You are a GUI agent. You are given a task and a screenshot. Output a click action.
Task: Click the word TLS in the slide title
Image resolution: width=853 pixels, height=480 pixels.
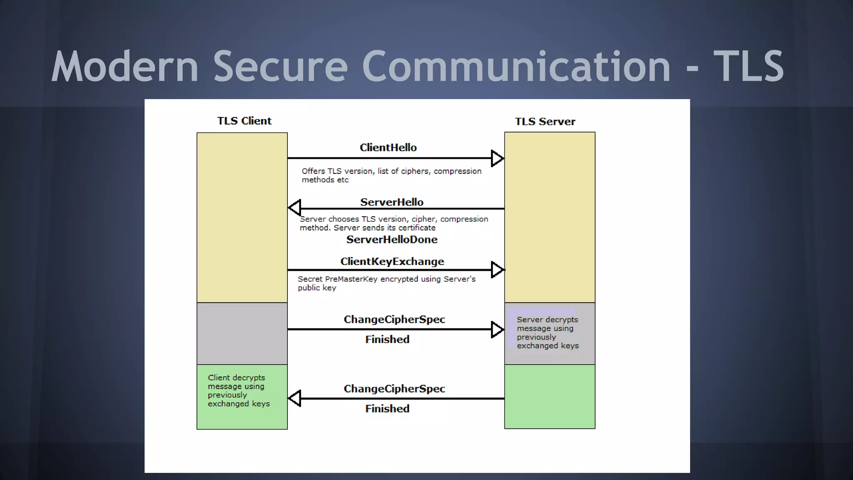748,67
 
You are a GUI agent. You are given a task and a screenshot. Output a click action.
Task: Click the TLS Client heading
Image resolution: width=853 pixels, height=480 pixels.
244,121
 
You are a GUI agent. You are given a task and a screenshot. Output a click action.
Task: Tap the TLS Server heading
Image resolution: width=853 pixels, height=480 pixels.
545,122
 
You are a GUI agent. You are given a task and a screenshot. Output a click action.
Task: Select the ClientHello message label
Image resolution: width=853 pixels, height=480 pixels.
388,147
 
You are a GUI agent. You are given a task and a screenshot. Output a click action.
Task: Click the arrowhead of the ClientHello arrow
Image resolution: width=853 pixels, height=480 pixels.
497,158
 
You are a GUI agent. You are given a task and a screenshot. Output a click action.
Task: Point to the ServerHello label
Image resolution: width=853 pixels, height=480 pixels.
392,202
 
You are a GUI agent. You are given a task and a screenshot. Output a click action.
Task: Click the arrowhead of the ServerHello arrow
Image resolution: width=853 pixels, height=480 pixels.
295,207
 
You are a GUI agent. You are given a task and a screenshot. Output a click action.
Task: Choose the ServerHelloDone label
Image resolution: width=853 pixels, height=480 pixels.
392,240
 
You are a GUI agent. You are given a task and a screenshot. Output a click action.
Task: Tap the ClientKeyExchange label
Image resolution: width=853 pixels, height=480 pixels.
392,262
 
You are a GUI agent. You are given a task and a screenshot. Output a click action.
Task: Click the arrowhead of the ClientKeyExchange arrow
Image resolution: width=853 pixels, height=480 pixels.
497,270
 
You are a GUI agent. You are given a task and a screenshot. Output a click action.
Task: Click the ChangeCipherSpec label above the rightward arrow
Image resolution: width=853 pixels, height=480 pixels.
394,320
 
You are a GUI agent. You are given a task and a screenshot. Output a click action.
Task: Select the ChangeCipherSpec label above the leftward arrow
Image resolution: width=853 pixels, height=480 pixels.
394,389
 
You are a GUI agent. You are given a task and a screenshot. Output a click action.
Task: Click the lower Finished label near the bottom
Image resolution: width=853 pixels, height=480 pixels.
387,409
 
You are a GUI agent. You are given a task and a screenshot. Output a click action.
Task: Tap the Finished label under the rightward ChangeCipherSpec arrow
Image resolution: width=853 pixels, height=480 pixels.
387,340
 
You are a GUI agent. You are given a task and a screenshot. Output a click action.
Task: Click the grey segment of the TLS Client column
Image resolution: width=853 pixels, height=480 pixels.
242,333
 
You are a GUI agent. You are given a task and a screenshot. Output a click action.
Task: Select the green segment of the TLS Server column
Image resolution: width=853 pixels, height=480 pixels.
550,397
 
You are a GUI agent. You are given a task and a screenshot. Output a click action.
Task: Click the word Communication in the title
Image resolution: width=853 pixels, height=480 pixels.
516,67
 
